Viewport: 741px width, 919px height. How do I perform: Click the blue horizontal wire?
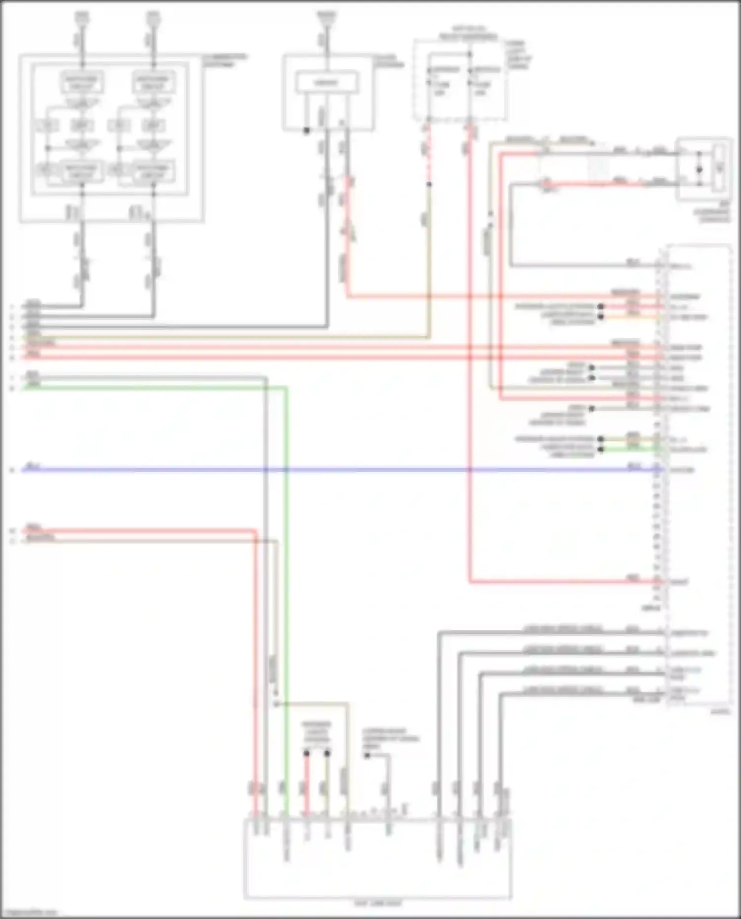point(346,470)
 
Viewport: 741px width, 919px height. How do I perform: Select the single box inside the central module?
point(326,83)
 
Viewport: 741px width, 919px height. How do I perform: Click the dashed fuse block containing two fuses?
point(460,80)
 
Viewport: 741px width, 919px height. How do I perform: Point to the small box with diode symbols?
point(704,169)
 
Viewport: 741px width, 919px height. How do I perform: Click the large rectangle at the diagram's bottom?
point(378,859)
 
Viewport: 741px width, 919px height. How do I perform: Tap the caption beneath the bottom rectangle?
point(378,903)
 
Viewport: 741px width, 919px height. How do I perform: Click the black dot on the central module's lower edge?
point(306,131)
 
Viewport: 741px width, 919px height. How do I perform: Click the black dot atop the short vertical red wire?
point(306,754)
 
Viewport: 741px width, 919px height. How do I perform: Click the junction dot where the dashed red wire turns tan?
point(429,184)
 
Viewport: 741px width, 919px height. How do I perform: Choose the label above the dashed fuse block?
point(468,33)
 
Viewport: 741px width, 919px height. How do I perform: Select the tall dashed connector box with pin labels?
point(698,474)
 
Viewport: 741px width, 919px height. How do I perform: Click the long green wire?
point(286,593)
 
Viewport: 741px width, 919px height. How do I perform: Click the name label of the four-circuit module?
point(225,60)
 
